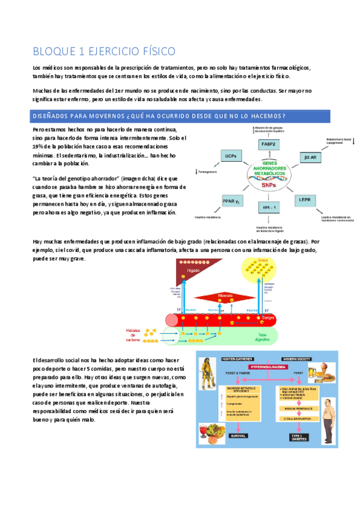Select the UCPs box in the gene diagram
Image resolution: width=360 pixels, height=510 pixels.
[230, 156]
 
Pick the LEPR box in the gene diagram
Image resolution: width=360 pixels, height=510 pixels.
[305, 198]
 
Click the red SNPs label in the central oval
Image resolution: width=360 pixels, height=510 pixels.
[269, 186]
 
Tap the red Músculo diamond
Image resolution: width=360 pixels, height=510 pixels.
[225, 296]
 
